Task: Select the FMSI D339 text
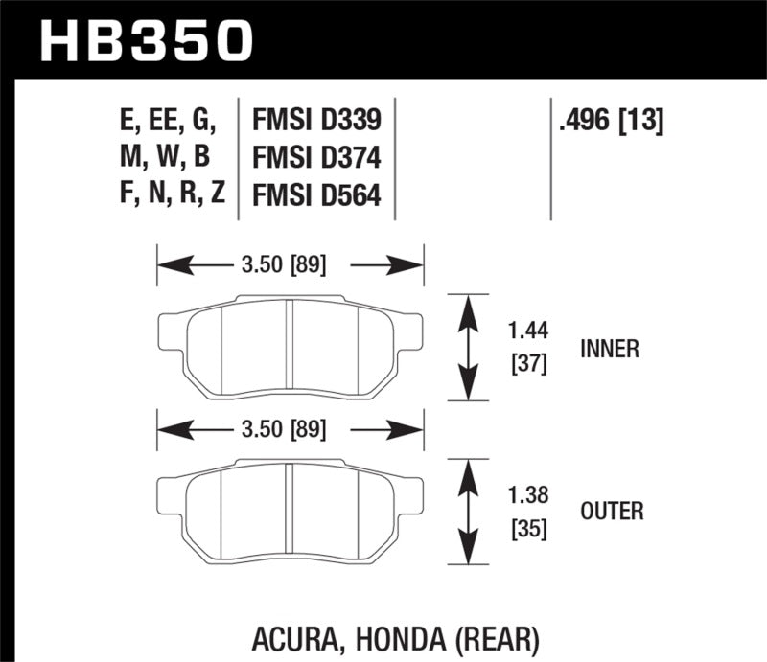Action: [315, 120]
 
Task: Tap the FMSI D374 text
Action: [315, 157]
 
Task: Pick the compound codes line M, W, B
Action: [165, 157]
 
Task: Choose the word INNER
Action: [609, 349]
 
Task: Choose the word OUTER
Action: [611, 511]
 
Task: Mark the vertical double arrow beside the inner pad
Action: [468, 347]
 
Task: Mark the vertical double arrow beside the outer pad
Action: [468, 509]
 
